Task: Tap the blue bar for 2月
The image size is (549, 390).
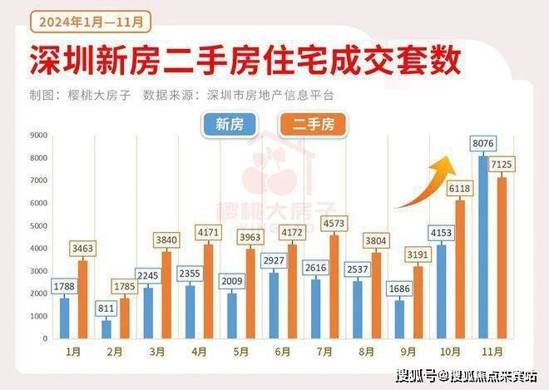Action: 106,329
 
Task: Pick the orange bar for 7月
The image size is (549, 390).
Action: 334,287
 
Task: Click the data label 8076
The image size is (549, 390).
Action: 483,144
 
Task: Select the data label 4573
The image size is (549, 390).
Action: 334,223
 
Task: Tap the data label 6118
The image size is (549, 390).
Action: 460,189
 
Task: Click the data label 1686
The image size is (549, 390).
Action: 398,290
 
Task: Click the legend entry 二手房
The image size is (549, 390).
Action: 313,124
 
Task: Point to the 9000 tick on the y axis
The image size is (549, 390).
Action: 38,135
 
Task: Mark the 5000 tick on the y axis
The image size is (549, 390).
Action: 38,225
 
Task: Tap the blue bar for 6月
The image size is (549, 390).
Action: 274,305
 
